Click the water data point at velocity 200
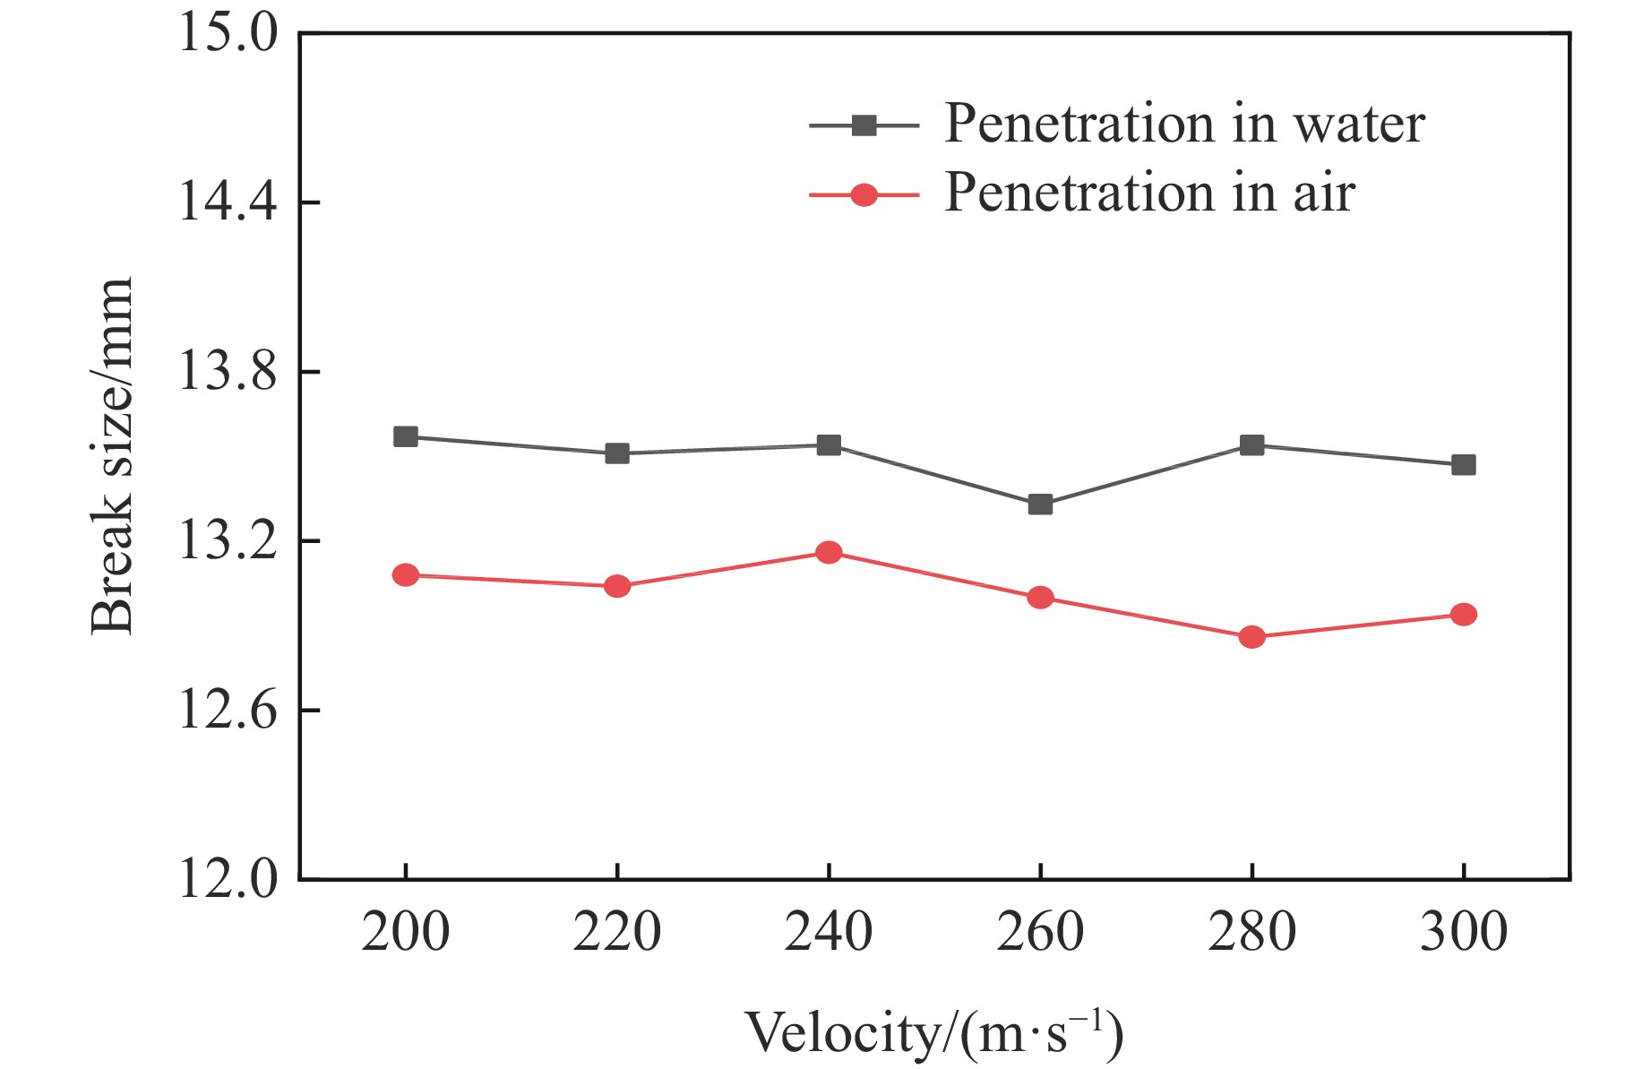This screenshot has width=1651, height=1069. point(406,436)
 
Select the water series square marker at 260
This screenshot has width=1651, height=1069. point(1040,504)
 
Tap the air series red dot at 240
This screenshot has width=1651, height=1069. point(829,552)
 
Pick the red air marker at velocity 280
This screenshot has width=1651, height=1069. point(1251,637)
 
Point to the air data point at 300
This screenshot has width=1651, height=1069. point(1463,615)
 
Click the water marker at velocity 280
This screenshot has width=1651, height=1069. point(1251,445)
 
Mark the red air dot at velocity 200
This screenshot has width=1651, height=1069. point(406,574)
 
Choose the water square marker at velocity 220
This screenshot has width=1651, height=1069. point(617,453)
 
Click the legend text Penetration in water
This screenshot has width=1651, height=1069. point(1184,124)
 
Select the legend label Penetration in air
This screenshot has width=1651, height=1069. point(1149,193)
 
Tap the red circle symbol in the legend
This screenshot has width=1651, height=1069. point(864,194)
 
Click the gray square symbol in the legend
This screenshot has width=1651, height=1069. point(864,125)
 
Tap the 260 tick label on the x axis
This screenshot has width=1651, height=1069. point(1040,932)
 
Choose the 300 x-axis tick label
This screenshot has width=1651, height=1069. point(1463,932)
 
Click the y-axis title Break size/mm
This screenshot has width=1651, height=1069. point(112,456)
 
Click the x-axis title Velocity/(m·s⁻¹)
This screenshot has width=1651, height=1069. point(933,1033)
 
